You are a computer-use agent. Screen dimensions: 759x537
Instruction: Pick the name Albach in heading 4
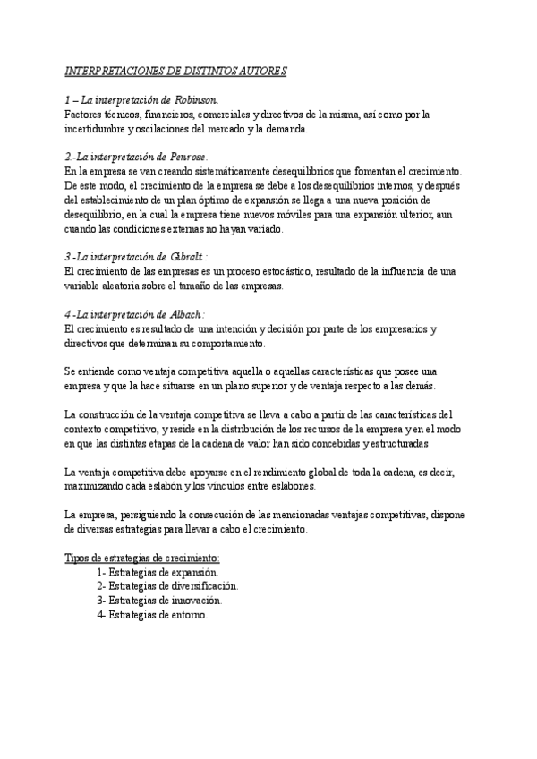pyautogui.click(x=184, y=314)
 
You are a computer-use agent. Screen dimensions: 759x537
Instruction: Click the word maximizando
pyautogui.click(x=98, y=486)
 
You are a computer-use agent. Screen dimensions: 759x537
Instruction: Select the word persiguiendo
pyautogui.click(x=160, y=515)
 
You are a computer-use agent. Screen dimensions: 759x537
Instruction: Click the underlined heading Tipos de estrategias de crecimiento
pyautogui.click(x=136, y=558)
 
